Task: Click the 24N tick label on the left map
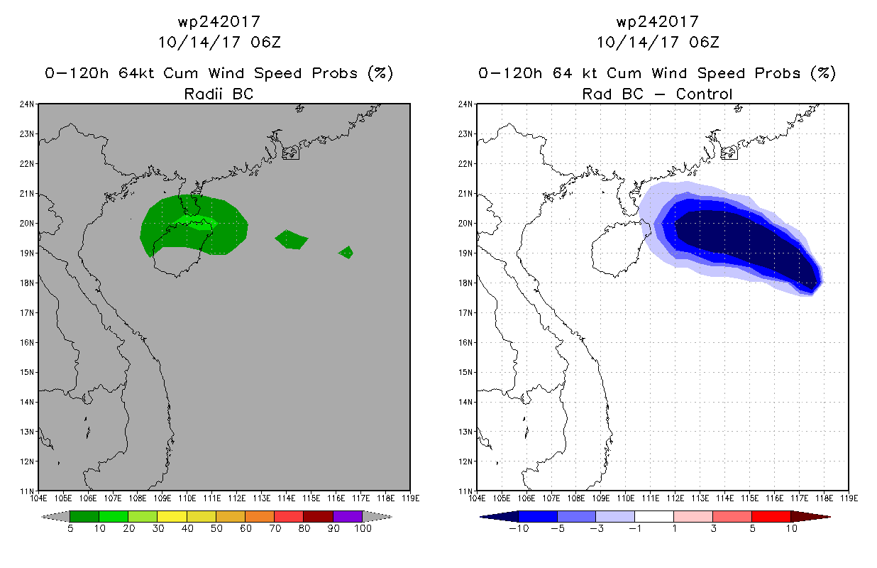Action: click(x=27, y=104)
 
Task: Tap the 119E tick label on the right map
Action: click(x=849, y=498)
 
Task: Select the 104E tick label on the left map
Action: click(x=38, y=498)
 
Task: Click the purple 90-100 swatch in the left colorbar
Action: click(x=348, y=516)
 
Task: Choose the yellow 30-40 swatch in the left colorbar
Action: click(x=172, y=516)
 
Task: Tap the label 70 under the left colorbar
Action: click(x=275, y=528)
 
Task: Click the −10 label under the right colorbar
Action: click(x=519, y=528)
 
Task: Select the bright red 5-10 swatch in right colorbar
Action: click(x=771, y=516)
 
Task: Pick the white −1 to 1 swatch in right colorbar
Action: click(x=654, y=516)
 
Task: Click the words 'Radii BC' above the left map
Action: click(x=219, y=94)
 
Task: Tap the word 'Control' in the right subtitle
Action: click(x=705, y=94)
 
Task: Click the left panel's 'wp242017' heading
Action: click(x=219, y=21)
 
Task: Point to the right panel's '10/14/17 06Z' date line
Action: click(x=658, y=42)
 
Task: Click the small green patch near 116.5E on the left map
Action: click(x=346, y=252)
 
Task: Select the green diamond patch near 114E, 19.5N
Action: click(x=292, y=239)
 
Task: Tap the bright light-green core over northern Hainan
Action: click(x=196, y=222)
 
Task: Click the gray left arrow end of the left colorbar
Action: click(x=55, y=516)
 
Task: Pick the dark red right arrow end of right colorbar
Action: click(x=810, y=516)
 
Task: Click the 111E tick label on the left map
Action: click(x=212, y=498)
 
